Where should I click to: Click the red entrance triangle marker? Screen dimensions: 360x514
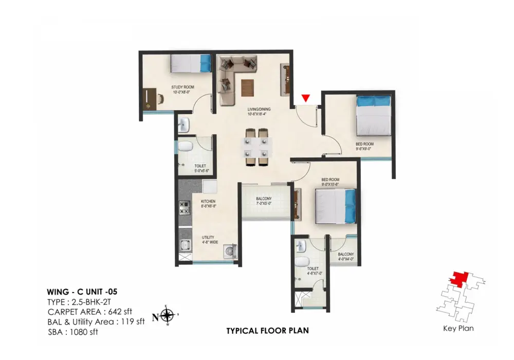[x=306, y=98]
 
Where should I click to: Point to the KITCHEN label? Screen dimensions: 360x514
[x=208, y=201]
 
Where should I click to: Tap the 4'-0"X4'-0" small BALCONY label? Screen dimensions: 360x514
[x=345, y=255]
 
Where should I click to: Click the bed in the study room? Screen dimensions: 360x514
[x=191, y=64]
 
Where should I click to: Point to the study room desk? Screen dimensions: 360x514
[x=149, y=98]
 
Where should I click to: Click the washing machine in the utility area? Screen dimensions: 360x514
[x=229, y=252]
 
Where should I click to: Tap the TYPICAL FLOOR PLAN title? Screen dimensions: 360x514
[x=267, y=331]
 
